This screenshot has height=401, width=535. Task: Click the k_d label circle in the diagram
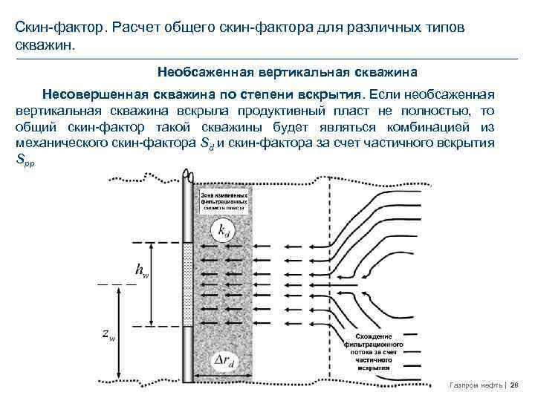point(223,231)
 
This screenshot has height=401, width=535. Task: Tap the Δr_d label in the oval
point(221,362)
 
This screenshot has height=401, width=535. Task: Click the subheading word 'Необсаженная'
point(206,74)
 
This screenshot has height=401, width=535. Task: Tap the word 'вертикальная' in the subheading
point(308,74)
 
